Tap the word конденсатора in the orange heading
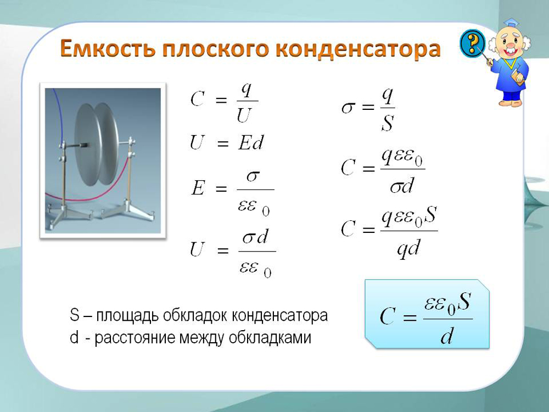(x=358, y=49)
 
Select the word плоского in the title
(x=215, y=49)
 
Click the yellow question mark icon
(x=472, y=43)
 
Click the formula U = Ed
(x=226, y=143)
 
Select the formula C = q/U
(x=224, y=103)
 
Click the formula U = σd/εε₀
(x=233, y=253)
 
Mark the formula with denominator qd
(x=389, y=232)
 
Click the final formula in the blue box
(x=426, y=318)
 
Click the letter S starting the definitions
(x=74, y=315)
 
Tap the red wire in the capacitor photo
(x=92, y=193)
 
